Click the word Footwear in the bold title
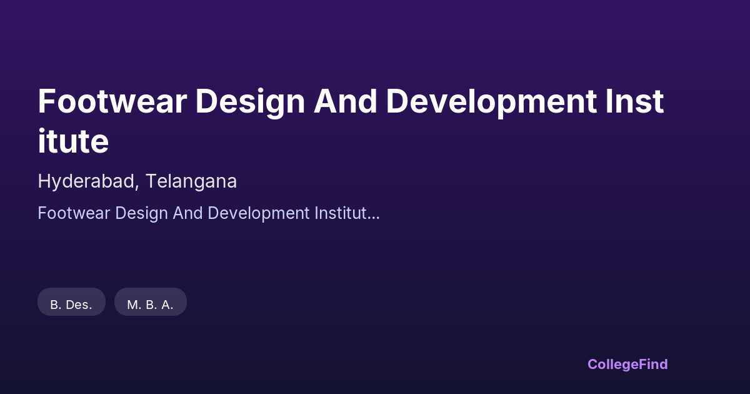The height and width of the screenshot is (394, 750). (x=112, y=101)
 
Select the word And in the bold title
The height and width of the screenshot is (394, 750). (x=345, y=101)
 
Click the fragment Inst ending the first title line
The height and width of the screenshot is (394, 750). (x=634, y=101)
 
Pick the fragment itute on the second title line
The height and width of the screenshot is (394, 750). (x=73, y=141)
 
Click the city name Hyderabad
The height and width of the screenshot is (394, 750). (x=86, y=182)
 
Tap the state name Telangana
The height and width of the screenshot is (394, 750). (x=191, y=182)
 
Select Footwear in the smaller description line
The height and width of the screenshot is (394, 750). (x=74, y=213)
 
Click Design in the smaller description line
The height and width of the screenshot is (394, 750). (x=141, y=214)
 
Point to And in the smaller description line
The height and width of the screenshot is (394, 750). (x=188, y=213)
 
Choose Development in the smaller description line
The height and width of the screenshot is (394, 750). (x=259, y=214)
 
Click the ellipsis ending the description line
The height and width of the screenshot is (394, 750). (x=373, y=218)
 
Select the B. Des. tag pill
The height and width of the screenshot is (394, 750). (x=72, y=302)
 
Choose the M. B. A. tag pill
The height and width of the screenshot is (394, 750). (x=151, y=302)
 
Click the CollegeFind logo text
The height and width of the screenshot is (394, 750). (x=627, y=365)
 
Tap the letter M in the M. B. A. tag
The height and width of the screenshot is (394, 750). (x=132, y=305)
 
